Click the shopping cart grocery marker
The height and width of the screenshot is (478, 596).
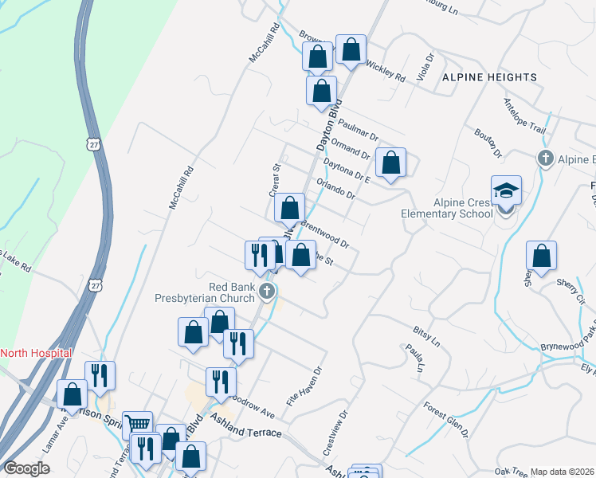pyautogui.click(x=138, y=425)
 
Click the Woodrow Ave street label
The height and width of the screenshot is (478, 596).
pyautogui.click(x=253, y=406)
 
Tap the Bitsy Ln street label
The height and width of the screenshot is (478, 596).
pyautogui.click(x=425, y=335)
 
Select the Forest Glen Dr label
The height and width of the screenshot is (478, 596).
pyautogui.click(x=446, y=419)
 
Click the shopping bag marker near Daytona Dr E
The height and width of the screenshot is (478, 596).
pyautogui.click(x=390, y=164)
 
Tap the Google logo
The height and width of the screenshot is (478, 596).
pyautogui.click(x=26, y=468)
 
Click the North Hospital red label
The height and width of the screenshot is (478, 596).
pyautogui.click(x=37, y=353)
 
